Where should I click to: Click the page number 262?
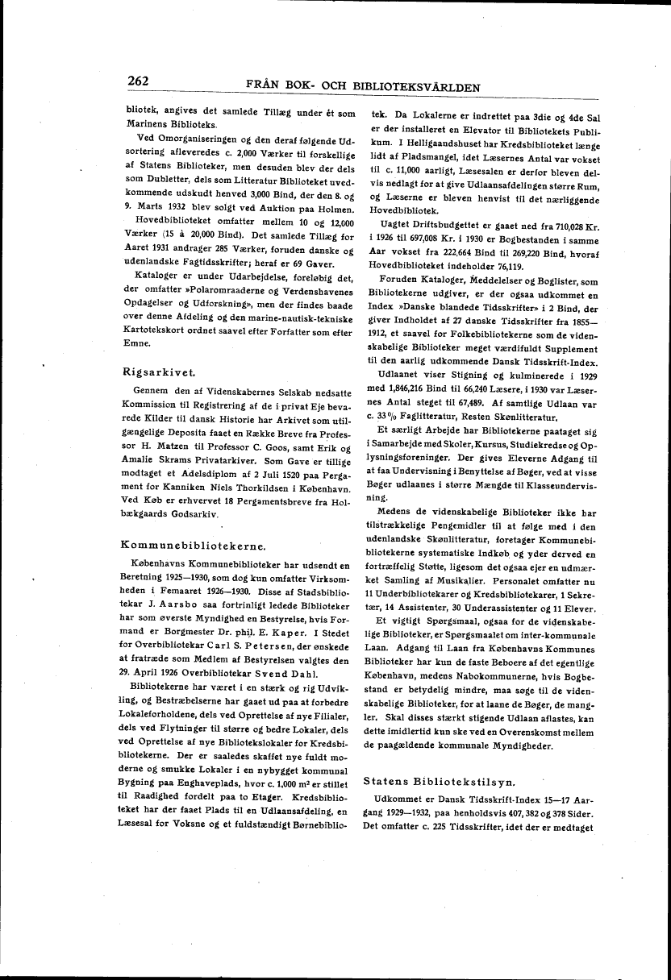140,81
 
